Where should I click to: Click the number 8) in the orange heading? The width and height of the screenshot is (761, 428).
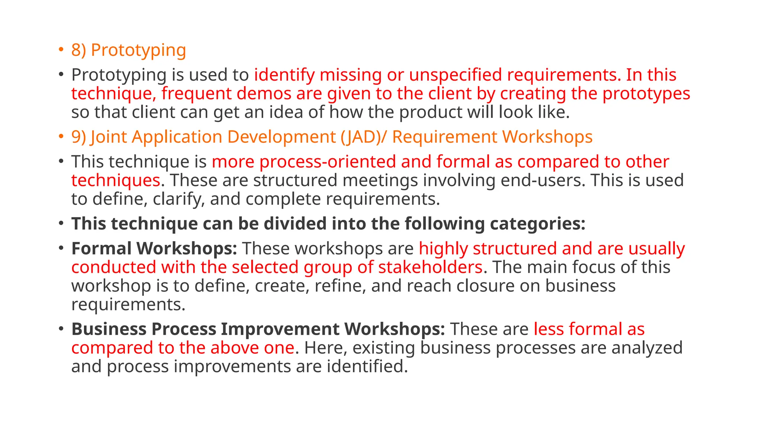click(78, 50)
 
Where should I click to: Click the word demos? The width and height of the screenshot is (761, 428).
click(264, 94)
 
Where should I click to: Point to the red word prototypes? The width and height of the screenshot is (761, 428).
click(646, 94)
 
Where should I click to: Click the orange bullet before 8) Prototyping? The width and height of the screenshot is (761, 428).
click(61, 49)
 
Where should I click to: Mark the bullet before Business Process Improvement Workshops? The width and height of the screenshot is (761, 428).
click(61, 329)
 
